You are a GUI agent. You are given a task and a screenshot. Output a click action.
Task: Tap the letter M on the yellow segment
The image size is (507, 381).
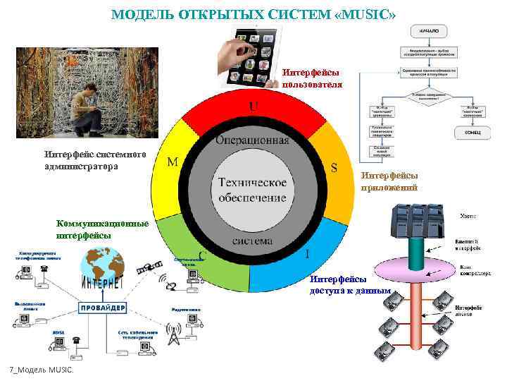point(173,162)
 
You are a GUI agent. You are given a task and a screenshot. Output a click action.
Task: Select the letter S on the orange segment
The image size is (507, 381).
point(334,168)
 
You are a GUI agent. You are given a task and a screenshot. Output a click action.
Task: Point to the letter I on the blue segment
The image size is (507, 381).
point(308,253)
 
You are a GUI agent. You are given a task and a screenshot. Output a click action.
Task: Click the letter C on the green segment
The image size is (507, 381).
point(202,255)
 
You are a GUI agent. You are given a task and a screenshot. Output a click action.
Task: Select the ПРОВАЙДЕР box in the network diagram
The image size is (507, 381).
point(103,308)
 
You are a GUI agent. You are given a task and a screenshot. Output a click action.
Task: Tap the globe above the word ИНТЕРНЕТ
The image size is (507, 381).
point(102,265)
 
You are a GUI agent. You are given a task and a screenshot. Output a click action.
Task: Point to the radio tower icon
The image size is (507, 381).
point(173,334)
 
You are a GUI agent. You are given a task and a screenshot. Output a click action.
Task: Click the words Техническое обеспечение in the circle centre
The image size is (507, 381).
point(252,188)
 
